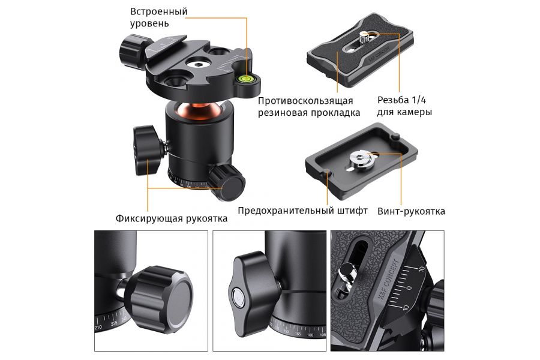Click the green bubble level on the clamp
pyautogui.click(x=245, y=76)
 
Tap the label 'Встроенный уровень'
pyautogui.click(x=158, y=18)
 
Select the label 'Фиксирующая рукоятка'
pyautogui.click(x=172, y=218)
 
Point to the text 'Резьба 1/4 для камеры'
pyautogui.click(x=404, y=106)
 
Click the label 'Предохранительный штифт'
pyautogui.click(x=302, y=211)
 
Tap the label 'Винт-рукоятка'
pyautogui.click(x=411, y=211)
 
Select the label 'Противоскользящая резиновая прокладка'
pyautogui.click(x=309, y=106)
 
